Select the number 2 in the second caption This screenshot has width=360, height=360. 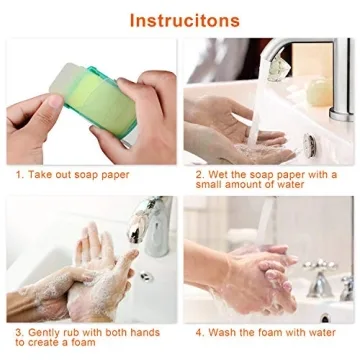pyautogui.click(x=197, y=173)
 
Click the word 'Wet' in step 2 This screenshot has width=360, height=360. pyautogui.click(x=218, y=173)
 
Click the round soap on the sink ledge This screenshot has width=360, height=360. pyautogui.click(x=317, y=91)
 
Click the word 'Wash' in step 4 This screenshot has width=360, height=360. pyautogui.click(x=225, y=330)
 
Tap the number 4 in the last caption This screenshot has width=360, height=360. pyautogui.click(x=198, y=330)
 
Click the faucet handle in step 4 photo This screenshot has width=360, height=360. pyautogui.click(x=318, y=281)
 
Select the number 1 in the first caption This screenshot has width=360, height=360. pyautogui.click(x=19, y=173)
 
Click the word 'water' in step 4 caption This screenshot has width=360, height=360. pyautogui.click(x=319, y=330)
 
